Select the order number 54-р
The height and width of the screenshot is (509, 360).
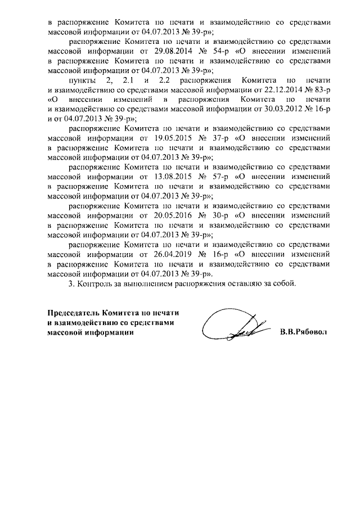point(215,51)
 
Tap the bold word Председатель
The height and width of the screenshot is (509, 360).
point(75,313)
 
